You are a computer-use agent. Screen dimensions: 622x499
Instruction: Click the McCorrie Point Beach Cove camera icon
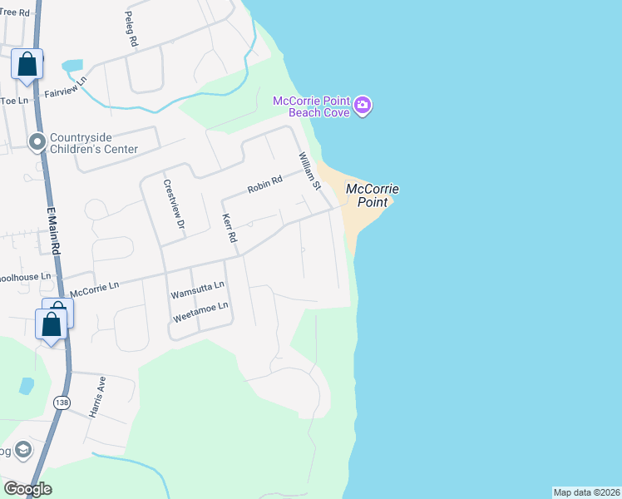(363, 106)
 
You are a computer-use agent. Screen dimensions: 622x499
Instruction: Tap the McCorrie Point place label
(372, 195)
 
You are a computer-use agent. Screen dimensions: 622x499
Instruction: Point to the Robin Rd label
(265, 185)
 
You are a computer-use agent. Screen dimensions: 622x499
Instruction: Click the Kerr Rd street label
(230, 228)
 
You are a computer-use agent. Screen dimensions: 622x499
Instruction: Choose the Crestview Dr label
(172, 204)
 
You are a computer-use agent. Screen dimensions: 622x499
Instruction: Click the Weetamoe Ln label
(200, 312)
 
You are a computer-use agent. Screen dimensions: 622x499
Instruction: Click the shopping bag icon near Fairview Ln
(27, 64)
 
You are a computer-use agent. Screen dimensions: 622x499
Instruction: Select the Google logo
(27, 489)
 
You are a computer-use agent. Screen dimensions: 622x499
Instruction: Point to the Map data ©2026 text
(587, 492)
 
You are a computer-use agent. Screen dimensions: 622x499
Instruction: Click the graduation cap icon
(22, 451)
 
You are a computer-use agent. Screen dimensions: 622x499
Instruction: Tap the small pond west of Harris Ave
(27, 386)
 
